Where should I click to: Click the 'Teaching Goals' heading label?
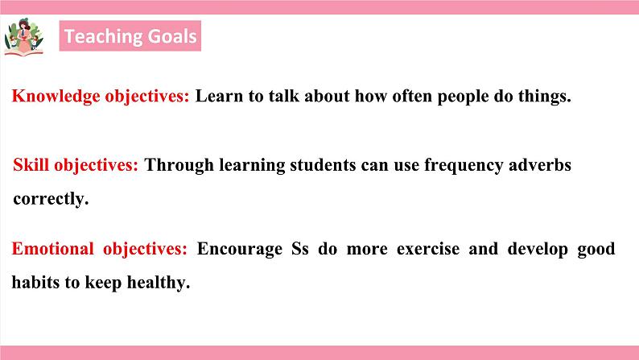pyautogui.click(x=130, y=37)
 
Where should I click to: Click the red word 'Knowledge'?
pyautogui.click(x=56, y=97)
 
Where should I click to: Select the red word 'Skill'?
pyautogui.click(x=31, y=166)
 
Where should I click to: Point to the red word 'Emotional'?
pyautogui.click(x=52, y=249)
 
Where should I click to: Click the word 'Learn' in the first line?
pyautogui.click(x=218, y=97)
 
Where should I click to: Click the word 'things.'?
pyautogui.click(x=542, y=97)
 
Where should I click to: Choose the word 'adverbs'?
pyautogui.click(x=540, y=166)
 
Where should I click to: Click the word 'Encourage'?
pyautogui.click(x=239, y=249)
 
